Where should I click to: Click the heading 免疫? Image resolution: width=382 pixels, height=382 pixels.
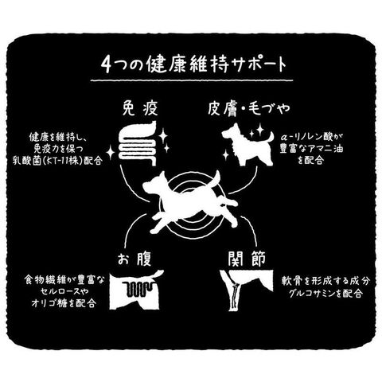pos(140,108)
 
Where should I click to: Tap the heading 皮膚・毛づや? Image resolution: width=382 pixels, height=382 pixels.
pos(248,108)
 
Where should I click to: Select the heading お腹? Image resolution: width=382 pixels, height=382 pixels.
pos(134,259)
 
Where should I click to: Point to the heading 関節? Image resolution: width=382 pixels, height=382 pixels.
pos(247,258)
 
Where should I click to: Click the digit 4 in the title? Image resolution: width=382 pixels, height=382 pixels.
pos(107,64)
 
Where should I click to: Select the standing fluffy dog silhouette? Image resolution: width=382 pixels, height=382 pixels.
pos(248,145)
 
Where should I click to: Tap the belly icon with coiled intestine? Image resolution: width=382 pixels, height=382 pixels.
pos(136,290)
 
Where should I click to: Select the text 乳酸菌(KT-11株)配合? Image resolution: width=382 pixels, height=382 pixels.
pos(57,161)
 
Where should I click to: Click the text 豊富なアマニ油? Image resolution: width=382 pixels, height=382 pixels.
pos(311,149)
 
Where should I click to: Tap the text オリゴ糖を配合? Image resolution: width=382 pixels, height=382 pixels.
pos(63,303)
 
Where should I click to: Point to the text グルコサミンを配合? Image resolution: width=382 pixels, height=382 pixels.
pos(326,294)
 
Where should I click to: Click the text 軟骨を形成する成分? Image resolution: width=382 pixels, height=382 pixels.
pos(325,282)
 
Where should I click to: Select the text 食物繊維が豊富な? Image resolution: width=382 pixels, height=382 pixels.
pos(64,280)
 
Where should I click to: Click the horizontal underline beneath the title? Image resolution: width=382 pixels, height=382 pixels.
pos(192,80)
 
